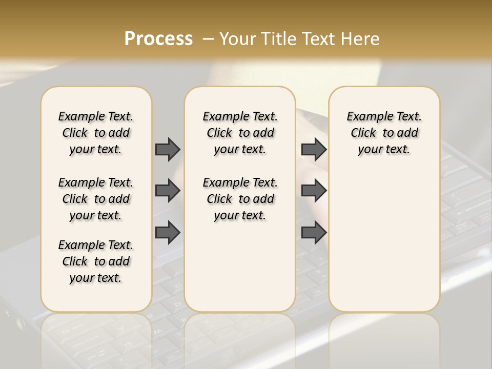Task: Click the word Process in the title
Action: [x=158, y=39]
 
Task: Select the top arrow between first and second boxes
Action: [x=168, y=149]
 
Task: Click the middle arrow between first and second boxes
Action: [x=168, y=191]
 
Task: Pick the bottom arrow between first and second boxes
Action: [x=168, y=233]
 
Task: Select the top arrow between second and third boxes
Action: [x=314, y=149]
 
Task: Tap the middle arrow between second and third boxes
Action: [x=314, y=191]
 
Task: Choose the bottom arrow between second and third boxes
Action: [x=314, y=233]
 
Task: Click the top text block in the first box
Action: [x=96, y=133]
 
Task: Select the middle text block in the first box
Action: [x=96, y=199]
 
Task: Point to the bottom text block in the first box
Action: [x=96, y=261]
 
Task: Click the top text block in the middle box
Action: [x=240, y=133]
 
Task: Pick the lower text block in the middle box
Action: [x=240, y=199]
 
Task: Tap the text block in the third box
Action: [x=384, y=133]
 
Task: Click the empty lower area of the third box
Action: [x=384, y=241]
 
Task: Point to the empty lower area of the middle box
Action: [x=240, y=266]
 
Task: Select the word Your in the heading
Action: [x=237, y=39]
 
